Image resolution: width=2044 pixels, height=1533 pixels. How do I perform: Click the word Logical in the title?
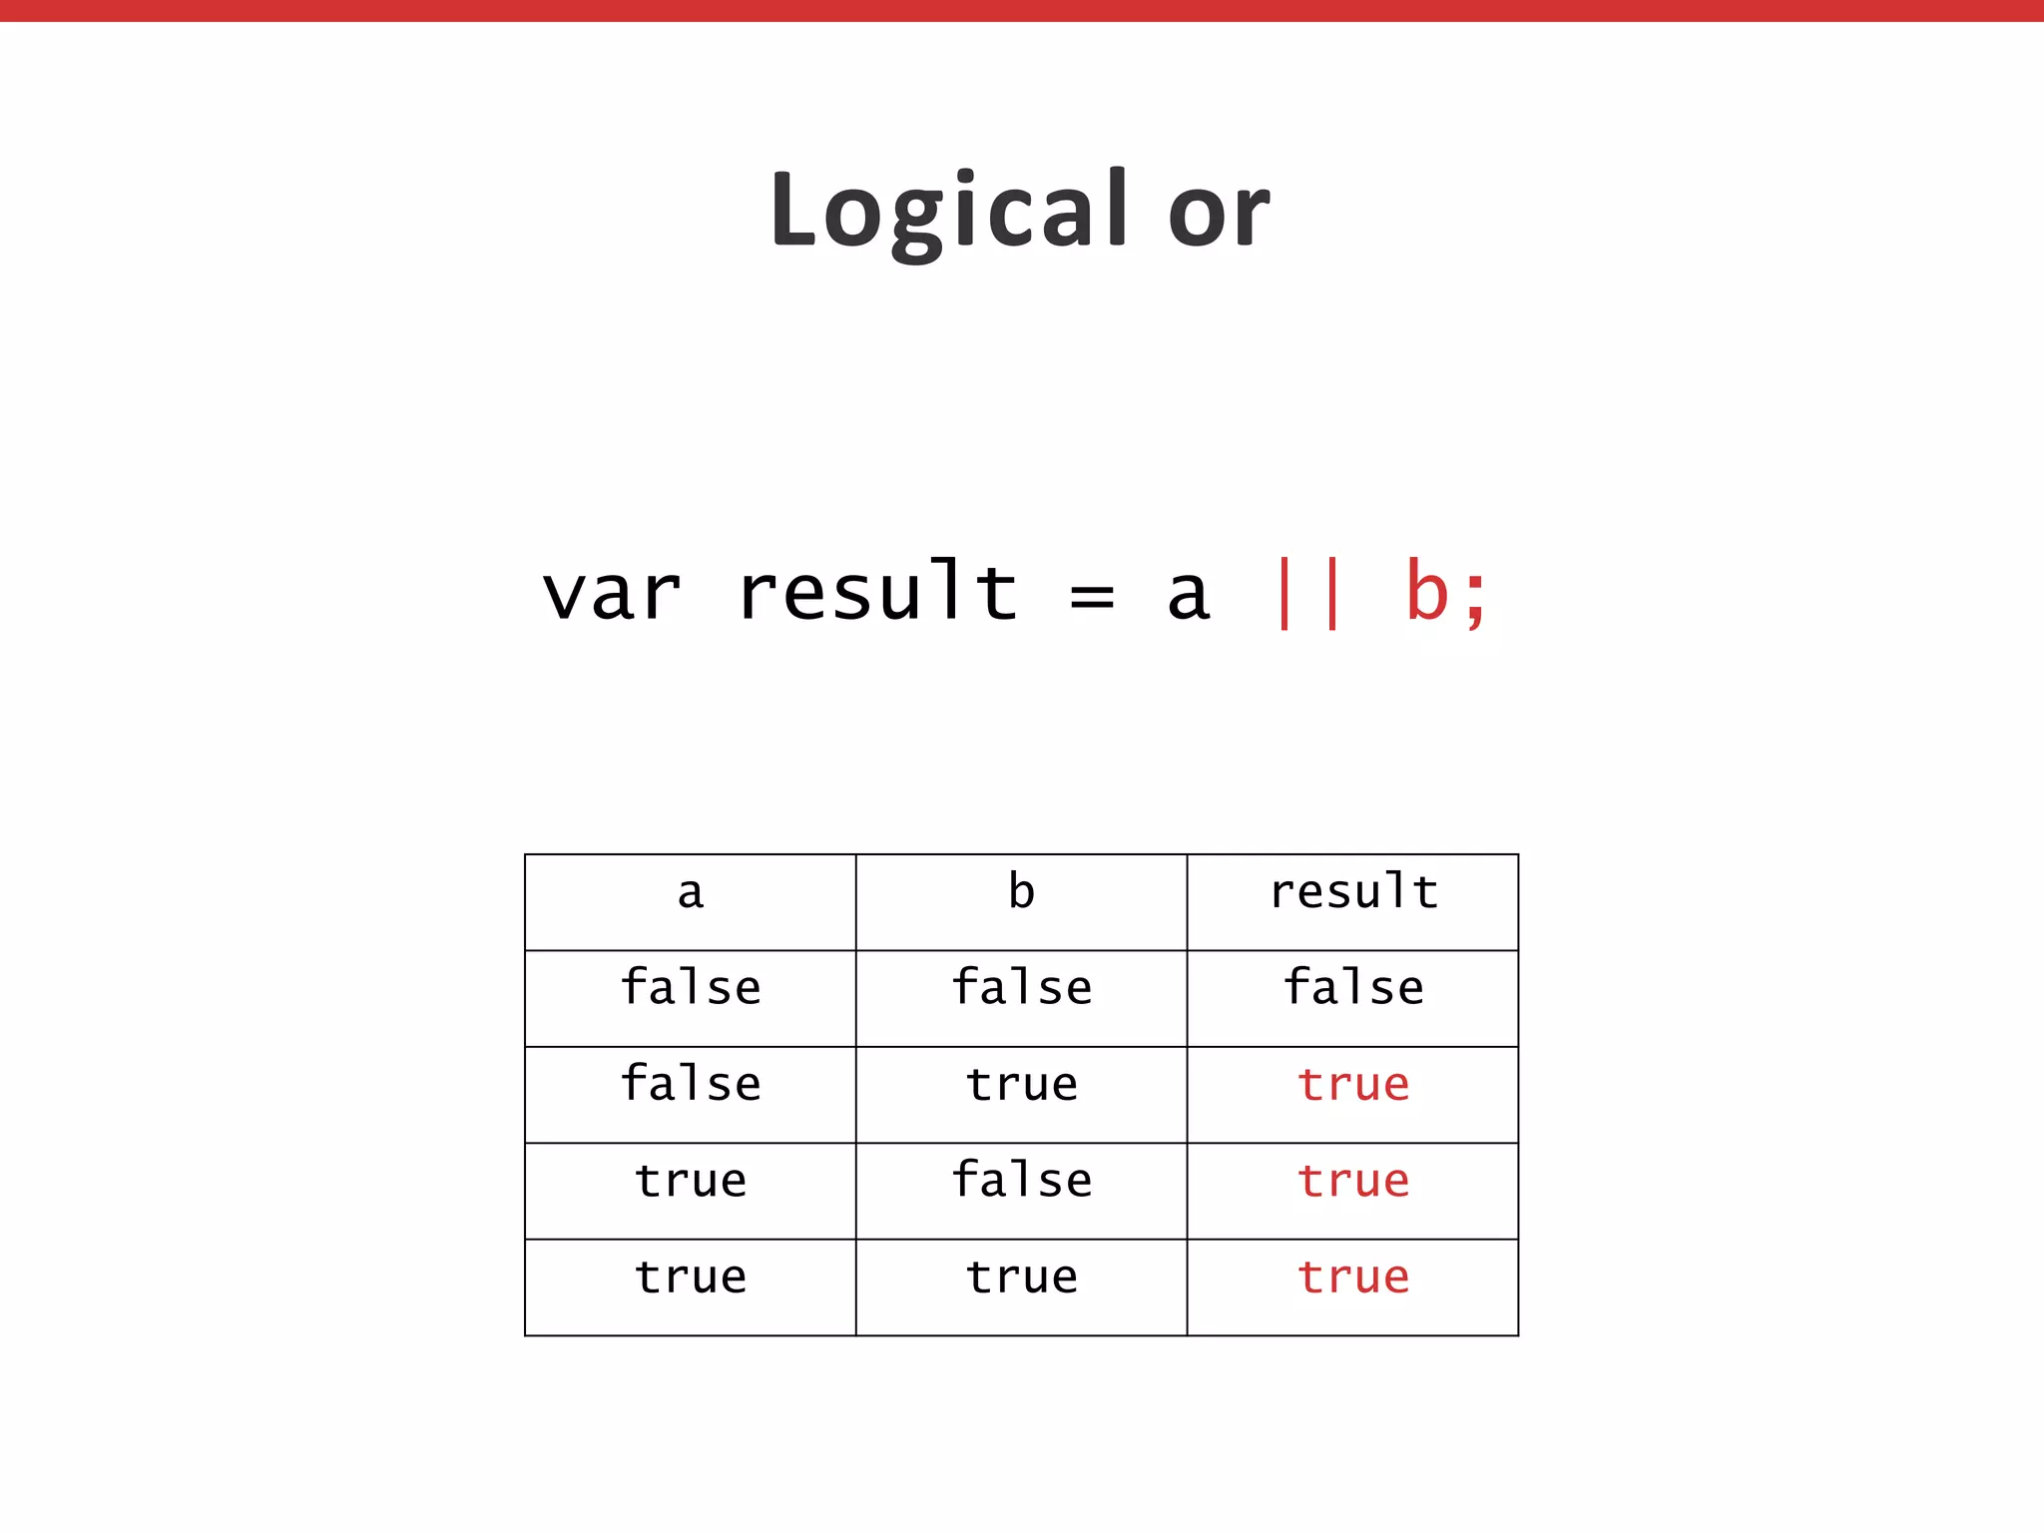948,212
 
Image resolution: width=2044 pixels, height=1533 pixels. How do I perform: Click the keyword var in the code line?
611,595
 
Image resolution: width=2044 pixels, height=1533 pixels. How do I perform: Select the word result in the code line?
877,593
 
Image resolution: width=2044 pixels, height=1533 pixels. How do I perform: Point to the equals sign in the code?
1091,597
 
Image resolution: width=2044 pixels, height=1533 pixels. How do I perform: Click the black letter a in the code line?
1188,597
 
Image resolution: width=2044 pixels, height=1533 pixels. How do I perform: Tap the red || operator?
1307,595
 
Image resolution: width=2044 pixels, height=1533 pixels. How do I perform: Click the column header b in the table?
1021,891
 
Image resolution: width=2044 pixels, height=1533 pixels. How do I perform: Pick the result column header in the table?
1353,891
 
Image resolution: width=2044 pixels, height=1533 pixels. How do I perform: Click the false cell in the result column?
1353,987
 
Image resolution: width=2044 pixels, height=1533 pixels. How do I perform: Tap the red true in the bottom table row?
1353,1277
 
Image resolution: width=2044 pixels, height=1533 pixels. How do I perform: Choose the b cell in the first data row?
1021,987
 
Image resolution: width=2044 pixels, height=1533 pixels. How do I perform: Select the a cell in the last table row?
691,1277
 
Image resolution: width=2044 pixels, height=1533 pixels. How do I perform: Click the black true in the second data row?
1021,1085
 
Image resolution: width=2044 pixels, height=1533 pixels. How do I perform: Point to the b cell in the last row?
1021,1277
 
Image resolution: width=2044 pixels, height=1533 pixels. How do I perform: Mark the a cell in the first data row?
691,987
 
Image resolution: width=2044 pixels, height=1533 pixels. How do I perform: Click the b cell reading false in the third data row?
1021,1180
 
